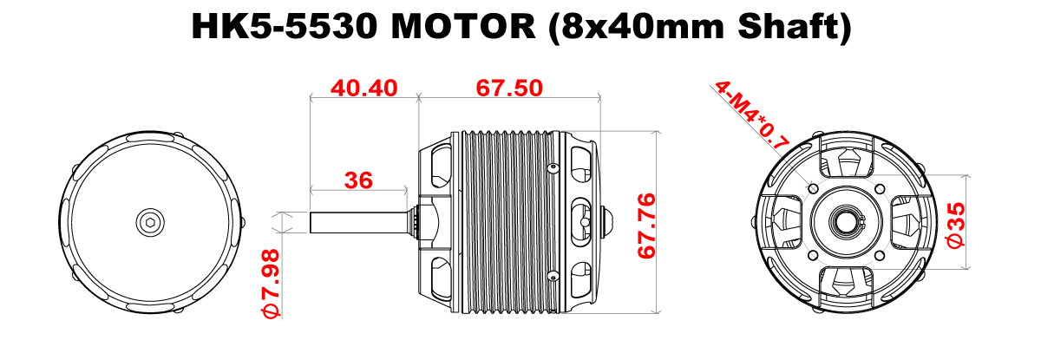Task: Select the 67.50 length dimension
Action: pos(509,88)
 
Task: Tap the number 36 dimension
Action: pos(358,180)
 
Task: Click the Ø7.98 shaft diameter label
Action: pos(269,285)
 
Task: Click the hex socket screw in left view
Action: pos(151,222)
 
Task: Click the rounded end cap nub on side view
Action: pos(606,220)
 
